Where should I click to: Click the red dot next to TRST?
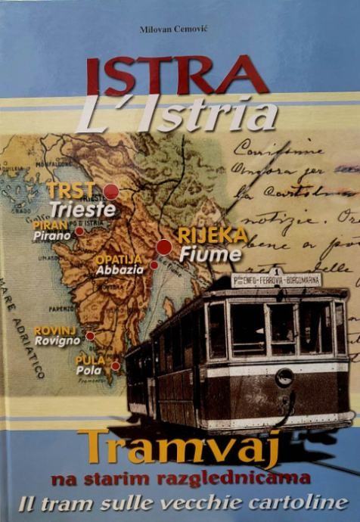click(x=111, y=191)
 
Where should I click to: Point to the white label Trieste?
click(x=83, y=210)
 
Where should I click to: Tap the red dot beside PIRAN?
click(x=79, y=231)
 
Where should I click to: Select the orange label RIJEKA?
click(x=213, y=235)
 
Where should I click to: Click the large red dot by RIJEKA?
click(x=163, y=247)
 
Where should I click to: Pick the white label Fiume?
click(x=210, y=255)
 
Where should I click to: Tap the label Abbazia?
click(x=120, y=270)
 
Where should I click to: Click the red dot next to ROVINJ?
click(x=91, y=336)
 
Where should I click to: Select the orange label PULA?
click(x=90, y=359)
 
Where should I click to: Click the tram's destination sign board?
click(x=276, y=280)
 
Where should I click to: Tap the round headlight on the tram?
click(x=284, y=377)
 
